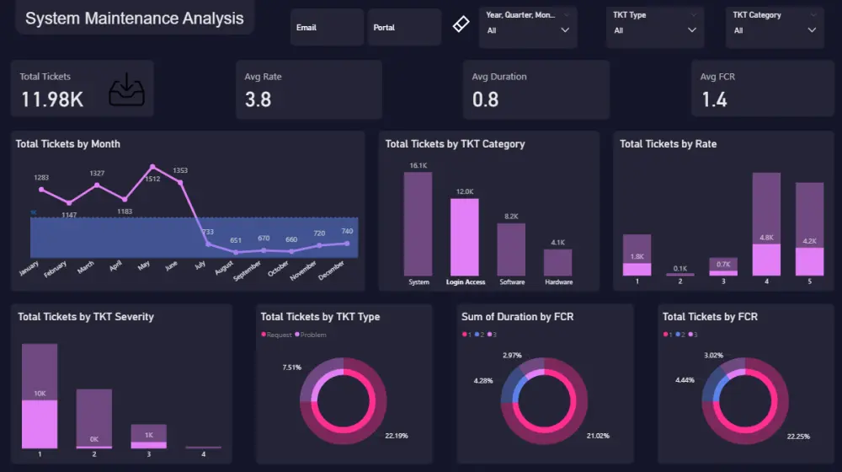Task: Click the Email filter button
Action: point(326,28)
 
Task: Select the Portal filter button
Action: point(404,28)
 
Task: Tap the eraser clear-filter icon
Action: point(460,24)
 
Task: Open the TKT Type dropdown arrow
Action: point(692,30)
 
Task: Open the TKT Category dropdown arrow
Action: point(812,30)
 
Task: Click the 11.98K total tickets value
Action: point(52,99)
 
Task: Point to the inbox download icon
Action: point(126,89)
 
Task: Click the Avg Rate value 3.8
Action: point(258,99)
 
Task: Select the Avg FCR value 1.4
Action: point(714,99)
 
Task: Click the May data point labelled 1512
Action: point(152,167)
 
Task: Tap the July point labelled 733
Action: point(208,244)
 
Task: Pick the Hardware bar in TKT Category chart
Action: point(558,262)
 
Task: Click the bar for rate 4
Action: point(765,224)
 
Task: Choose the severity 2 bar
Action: point(93,418)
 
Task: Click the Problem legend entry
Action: point(312,335)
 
